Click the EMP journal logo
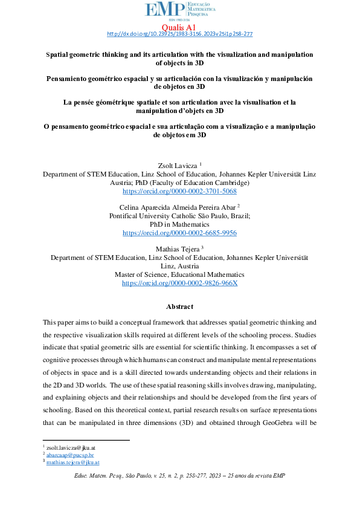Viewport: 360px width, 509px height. click(180, 11)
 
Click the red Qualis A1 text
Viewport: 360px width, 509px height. click(180, 27)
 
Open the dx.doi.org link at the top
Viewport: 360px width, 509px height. click(179, 34)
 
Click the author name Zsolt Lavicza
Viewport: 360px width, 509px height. click(176, 164)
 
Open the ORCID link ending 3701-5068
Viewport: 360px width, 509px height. click(179, 190)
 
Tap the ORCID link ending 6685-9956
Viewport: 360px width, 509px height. click(179, 233)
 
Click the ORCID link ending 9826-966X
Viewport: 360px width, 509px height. click(179, 283)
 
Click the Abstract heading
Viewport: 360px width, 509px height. click(180, 307)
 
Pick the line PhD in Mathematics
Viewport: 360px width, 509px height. click(179, 224)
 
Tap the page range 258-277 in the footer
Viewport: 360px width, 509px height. click(196, 476)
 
